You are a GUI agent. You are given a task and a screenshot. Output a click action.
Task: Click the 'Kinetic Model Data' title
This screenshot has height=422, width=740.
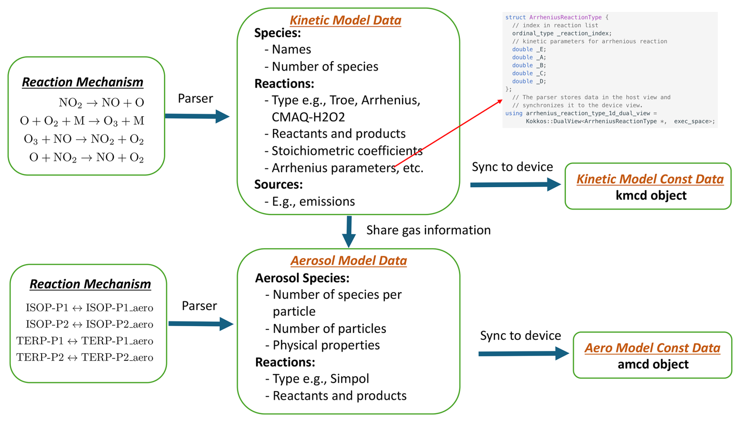click(345, 20)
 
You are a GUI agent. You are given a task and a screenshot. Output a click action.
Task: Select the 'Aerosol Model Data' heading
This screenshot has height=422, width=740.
click(348, 260)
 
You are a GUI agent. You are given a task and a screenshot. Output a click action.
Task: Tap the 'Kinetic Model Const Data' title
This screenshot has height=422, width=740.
click(650, 179)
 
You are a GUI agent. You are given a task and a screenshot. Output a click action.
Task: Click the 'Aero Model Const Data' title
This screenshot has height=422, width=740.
click(652, 348)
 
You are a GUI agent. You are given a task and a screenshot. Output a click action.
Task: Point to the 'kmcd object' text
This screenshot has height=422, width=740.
click(651, 195)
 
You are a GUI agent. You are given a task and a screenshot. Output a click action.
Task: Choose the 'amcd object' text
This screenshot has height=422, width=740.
click(653, 364)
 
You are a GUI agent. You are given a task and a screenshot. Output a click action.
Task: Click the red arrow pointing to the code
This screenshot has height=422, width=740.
click(449, 133)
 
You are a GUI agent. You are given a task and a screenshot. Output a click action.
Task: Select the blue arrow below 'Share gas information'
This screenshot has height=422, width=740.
click(349, 232)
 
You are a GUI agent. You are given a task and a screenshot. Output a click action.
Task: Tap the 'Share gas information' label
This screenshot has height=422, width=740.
click(428, 230)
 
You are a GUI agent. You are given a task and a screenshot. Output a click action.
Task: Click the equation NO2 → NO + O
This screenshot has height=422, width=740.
click(101, 103)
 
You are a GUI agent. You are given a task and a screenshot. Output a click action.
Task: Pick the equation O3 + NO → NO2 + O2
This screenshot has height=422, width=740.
click(84, 139)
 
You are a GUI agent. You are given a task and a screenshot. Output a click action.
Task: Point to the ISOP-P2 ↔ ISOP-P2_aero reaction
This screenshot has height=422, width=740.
click(89, 324)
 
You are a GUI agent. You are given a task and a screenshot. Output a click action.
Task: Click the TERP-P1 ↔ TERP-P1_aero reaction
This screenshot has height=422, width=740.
click(84, 341)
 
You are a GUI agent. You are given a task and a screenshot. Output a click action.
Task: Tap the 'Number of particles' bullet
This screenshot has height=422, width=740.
click(325, 328)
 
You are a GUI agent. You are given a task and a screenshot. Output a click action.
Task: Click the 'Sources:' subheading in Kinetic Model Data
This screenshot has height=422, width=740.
click(278, 184)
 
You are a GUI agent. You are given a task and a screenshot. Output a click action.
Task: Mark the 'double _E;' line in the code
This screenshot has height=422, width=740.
click(529, 49)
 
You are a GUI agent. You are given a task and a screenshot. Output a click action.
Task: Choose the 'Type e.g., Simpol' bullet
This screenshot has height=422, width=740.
click(317, 379)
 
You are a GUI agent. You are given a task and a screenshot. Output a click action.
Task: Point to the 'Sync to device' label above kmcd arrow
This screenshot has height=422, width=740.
click(512, 167)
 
